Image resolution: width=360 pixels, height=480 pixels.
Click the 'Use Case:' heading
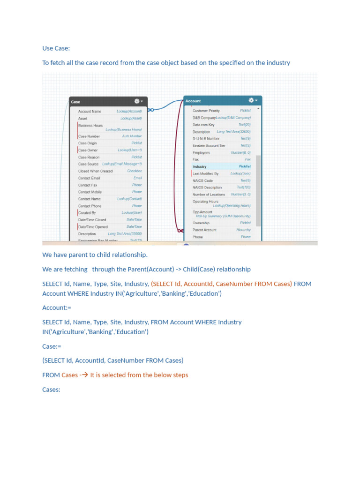click(x=56, y=48)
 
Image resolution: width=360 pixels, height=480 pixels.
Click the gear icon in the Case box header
click(x=137, y=101)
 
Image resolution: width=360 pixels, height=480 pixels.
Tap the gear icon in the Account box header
click(x=251, y=100)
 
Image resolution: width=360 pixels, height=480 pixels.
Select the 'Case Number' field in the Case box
click(x=89, y=136)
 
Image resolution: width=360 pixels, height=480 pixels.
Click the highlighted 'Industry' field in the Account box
click(x=200, y=166)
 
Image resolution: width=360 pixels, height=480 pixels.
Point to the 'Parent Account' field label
click(x=204, y=230)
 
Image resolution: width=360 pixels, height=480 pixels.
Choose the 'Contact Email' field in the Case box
click(x=89, y=178)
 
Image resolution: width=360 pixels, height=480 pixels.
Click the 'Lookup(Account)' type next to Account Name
click(x=129, y=112)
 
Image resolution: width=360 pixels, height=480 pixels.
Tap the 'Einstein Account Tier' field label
click(x=209, y=146)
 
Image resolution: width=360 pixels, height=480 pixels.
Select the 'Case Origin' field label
click(x=88, y=143)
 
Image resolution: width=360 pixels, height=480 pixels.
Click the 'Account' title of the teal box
click(x=193, y=101)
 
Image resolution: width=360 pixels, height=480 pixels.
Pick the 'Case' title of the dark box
click(x=75, y=102)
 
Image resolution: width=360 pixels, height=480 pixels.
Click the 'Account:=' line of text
click(x=57, y=307)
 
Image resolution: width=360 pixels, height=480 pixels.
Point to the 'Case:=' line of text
click(x=52, y=346)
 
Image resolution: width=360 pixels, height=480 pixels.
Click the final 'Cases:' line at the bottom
click(x=51, y=390)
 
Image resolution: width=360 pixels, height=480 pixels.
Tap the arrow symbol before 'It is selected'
click(x=85, y=375)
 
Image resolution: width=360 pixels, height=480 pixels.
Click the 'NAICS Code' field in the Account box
click(x=202, y=180)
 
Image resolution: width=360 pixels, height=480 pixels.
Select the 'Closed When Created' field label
click(x=95, y=171)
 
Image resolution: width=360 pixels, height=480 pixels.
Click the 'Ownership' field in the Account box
click(x=201, y=223)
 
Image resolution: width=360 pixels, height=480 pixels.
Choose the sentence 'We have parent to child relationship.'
click(x=95, y=255)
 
